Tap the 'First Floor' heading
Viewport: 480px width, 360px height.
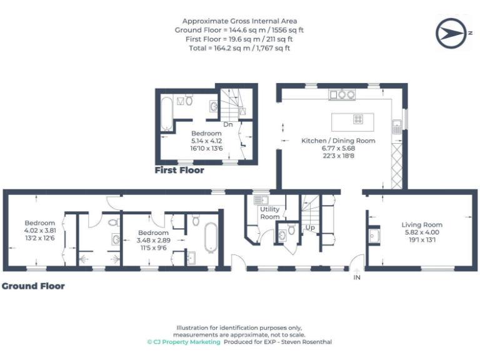(x=179, y=170)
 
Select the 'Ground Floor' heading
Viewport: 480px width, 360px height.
(x=33, y=286)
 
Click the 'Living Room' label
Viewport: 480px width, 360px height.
(x=422, y=224)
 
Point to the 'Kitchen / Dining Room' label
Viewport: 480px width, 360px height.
(x=338, y=141)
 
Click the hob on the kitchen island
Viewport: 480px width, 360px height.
(x=359, y=119)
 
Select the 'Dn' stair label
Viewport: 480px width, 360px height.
(x=228, y=124)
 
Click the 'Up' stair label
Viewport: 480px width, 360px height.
(x=310, y=227)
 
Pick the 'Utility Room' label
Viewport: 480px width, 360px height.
(x=269, y=213)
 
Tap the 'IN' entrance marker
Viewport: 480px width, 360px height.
(x=357, y=277)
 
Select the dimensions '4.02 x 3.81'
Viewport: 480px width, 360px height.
(x=40, y=229)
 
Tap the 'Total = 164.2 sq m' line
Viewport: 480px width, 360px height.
(x=240, y=47)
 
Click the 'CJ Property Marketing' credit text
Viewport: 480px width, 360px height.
(x=183, y=342)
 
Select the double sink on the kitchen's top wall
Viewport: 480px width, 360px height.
(x=342, y=94)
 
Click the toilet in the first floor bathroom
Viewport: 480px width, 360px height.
(x=189, y=100)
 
